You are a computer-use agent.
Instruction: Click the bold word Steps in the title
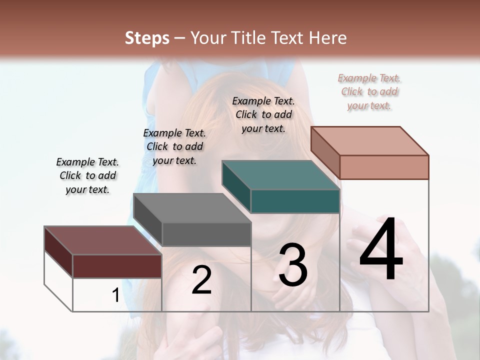point(147,38)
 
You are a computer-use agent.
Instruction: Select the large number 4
point(381,249)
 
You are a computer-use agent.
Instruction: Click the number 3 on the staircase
point(292,265)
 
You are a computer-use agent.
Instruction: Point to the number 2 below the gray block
point(201,280)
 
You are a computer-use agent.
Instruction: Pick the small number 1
point(115,295)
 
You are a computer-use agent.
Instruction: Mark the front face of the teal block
point(295,201)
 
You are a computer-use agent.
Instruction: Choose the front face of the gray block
point(206,234)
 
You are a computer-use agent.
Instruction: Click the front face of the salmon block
point(384,167)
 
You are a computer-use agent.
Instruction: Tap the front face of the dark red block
point(117,266)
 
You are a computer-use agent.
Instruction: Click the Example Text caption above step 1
point(87,175)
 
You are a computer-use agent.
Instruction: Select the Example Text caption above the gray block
point(174,146)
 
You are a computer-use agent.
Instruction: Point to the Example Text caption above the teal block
point(263,114)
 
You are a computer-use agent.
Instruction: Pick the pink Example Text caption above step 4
point(369,91)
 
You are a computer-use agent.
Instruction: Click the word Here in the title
point(329,38)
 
